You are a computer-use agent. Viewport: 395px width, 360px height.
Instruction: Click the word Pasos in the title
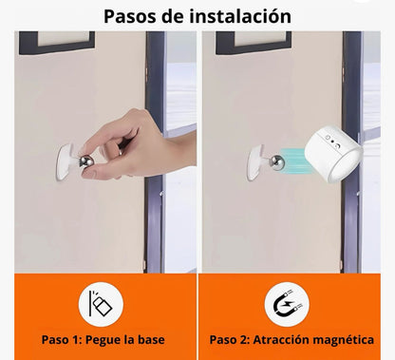pos(130,16)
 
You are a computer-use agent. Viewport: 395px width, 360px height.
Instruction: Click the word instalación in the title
pos(240,16)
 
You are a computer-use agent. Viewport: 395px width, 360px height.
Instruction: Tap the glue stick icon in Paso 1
pos(101,304)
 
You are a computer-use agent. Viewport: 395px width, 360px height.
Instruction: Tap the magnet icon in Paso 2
pos(288,305)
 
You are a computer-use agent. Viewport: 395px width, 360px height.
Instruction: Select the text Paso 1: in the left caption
pos(62,340)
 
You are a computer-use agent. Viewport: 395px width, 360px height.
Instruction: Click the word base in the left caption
pos(151,340)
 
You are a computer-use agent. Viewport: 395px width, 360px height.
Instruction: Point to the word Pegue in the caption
pos(103,340)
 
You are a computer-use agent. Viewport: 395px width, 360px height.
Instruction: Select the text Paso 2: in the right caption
pos(230,340)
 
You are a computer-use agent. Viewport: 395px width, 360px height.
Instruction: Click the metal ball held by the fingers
pos(86,162)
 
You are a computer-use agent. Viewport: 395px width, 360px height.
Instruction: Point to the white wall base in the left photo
pos(66,161)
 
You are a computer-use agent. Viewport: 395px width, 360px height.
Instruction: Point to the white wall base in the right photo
pos(255,162)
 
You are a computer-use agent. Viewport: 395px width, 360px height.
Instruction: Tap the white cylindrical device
pos(334,154)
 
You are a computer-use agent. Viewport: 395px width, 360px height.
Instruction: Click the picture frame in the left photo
pos(57,42)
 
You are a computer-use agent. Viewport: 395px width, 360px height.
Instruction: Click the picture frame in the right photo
pos(254,42)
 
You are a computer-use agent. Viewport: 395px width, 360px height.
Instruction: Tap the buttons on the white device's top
pos(332,142)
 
